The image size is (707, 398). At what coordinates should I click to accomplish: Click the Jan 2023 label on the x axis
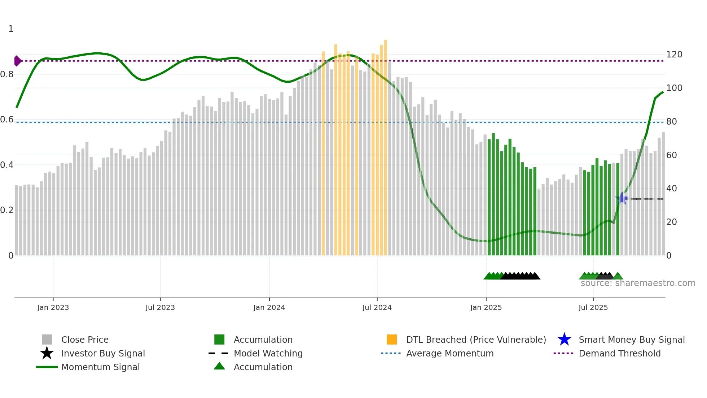point(53,307)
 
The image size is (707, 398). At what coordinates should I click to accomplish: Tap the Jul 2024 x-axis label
point(377,307)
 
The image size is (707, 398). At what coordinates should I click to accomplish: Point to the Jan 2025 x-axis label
point(486,307)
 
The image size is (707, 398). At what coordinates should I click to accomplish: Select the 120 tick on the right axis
point(674,55)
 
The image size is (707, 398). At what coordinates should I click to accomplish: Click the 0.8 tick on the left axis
point(7,74)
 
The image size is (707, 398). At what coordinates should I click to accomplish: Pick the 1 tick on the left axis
point(11,29)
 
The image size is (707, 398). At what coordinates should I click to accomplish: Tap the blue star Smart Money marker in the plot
point(622,198)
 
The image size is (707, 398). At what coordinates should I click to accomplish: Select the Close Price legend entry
point(85,339)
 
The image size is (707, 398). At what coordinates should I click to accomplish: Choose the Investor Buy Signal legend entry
point(103,353)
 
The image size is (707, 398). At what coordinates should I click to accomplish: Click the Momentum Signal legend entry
point(100,367)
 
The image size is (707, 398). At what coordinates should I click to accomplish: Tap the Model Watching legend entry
point(268,353)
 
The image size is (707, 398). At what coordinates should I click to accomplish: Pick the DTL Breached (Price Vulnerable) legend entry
point(476,339)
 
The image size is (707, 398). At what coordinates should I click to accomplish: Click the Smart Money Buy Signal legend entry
point(631,339)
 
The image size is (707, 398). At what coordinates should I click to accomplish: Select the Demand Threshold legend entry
point(619,353)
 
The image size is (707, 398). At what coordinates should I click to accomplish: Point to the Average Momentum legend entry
point(449,353)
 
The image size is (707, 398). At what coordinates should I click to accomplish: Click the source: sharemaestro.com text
point(638,283)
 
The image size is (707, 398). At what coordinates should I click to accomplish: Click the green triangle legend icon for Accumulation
point(219,366)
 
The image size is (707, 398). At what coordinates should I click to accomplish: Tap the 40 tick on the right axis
point(671,189)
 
